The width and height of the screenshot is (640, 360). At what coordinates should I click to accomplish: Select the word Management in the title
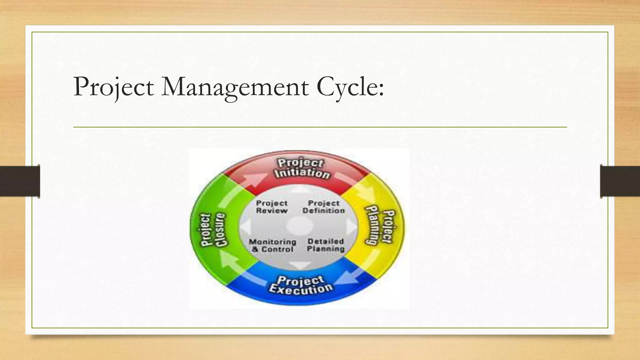(x=235, y=87)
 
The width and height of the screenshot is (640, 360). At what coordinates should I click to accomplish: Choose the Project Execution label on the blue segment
(x=301, y=285)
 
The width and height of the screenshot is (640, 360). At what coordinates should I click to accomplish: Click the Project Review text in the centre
(x=272, y=207)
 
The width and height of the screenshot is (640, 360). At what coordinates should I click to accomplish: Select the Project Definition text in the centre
(x=323, y=207)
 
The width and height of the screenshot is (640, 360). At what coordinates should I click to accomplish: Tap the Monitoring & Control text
(x=272, y=246)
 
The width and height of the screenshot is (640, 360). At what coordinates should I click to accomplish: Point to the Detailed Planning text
(x=326, y=245)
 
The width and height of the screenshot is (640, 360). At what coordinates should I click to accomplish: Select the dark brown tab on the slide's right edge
(x=620, y=181)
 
